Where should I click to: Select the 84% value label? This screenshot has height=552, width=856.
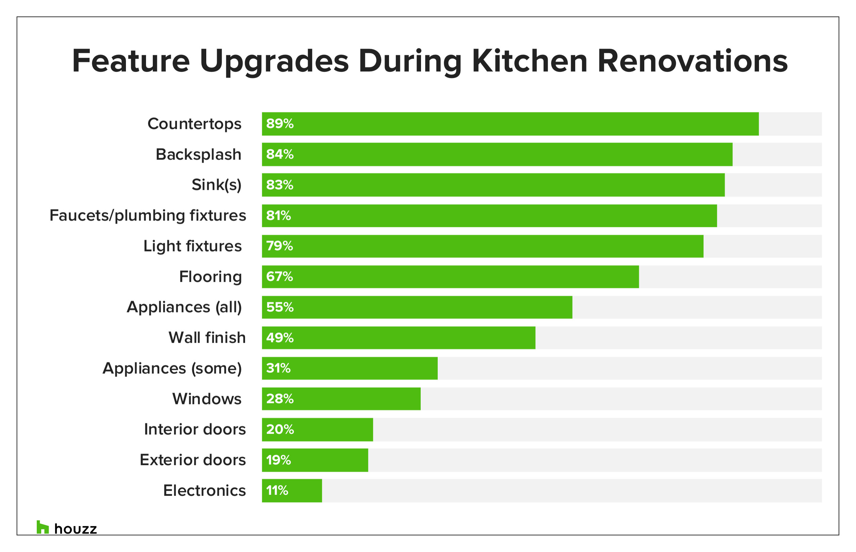[279, 154]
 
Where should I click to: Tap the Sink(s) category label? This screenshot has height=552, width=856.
[216, 185]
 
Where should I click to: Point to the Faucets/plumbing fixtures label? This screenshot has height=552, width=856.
[148, 215]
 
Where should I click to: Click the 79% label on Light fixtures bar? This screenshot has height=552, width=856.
[279, 246]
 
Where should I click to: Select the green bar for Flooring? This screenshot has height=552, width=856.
[450, 277]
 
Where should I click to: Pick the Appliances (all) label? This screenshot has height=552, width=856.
[184, 307]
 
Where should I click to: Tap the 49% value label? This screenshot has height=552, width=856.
[279, 338]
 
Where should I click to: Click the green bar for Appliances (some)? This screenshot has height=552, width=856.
[350, 368]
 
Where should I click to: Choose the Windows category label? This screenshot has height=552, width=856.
[207, 399]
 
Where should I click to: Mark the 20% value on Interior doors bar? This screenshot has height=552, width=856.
[279, 429]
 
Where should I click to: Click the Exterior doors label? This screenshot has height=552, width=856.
[193, 460]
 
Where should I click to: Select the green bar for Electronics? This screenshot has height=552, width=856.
[292, 490]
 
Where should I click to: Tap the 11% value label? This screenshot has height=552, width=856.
[277, 490]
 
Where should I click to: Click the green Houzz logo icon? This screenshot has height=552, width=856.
[42, 527]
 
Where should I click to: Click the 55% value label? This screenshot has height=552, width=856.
[279, 307]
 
